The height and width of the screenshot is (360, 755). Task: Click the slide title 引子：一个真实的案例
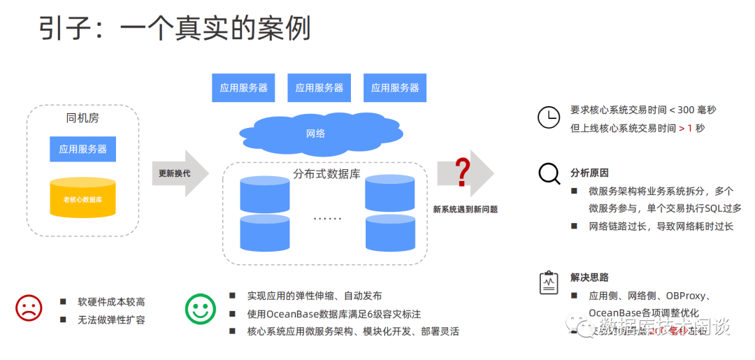(x=174, y=29)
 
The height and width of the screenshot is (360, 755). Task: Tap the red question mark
(x=462, y=173)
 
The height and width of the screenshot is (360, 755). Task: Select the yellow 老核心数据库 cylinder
(x=83, y=198)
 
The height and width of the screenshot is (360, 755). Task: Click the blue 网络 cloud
(x=316, y=133)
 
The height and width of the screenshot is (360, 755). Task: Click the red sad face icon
(x=29, y=308)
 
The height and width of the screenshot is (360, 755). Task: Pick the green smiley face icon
(x=201, y=308)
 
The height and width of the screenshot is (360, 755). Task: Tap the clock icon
(x=549, y=117)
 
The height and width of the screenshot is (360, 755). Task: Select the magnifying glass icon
(x=549, y=173)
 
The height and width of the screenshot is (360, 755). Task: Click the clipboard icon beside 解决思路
(x=549, y=282)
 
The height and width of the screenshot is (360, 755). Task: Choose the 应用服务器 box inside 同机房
(x=83, y=149)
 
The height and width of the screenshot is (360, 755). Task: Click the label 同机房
(x=82, y=117)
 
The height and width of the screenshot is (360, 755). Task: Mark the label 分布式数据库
(x=327, y=173)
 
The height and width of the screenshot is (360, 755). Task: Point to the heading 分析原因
(x=589, y=173)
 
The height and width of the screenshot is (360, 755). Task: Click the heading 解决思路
(x=589, y=278)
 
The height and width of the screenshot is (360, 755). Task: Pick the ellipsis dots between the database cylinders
(x=327, y=218)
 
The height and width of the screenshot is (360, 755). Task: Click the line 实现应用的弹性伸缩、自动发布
(x=315, y=296)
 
